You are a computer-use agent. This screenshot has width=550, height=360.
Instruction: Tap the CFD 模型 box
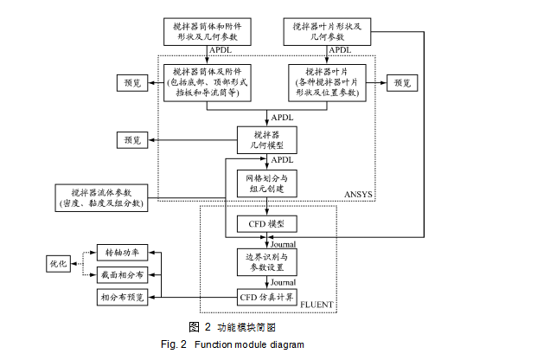[x=266, y=223]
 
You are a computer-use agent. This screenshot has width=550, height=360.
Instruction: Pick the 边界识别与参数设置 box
[x=266, y=262]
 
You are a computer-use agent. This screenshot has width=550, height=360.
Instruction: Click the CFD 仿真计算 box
[x=266, y=297]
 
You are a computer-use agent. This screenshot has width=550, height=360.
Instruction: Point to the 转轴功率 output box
[x=123, y=253]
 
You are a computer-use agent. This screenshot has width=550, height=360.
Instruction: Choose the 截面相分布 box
[x=123, y=275]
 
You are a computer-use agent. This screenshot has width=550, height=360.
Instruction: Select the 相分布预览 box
[x=123, y=298]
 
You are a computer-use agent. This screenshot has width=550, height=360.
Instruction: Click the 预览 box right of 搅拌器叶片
[x=403, y=82]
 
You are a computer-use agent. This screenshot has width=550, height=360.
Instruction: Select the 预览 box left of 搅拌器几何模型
[x=131, y=139]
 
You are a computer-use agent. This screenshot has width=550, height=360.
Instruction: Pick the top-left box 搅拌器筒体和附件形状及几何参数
[x=208, y=32]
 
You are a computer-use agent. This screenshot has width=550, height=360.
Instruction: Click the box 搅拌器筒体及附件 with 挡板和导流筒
[x=208, y=82]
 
